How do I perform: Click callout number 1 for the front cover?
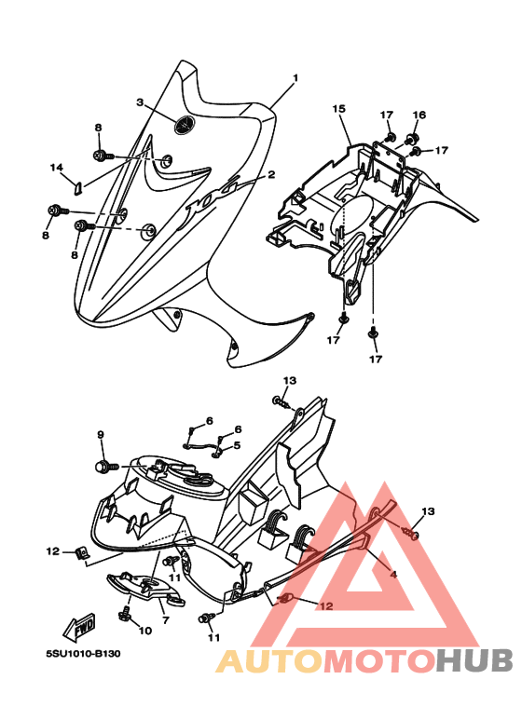[x=295, y=77]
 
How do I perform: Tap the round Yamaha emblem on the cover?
[x=185, y=125]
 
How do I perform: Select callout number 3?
[x=140, y=102]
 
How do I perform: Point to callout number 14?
[x=57, y=168]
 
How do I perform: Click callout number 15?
[x=338, y=109]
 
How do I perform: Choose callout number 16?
[x=419, y=115]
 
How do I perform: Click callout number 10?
[x=145, y=631]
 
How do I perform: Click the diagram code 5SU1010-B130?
[x=83, y=653]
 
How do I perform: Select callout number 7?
[x=166, y=620]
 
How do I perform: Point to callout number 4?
[x=393, y=574]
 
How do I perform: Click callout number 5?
[x=237, y=445]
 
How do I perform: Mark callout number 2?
[x=271, y=174]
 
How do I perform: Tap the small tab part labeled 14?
[x=78, y=188]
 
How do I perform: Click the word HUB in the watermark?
[x=474, y=661]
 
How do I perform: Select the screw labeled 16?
[x=409, y=137]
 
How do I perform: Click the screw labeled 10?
[x=124, y=613]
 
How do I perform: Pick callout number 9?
[x=101, y=434]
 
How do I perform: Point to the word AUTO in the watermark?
[x=269, y=661]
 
